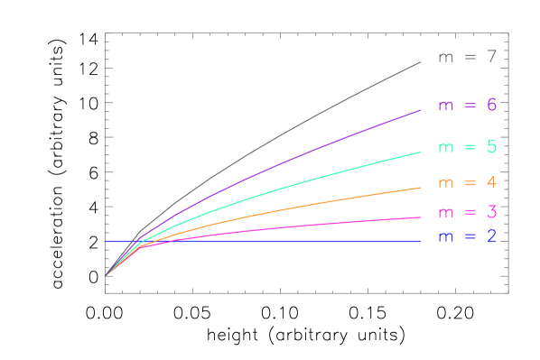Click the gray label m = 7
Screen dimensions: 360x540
tap(467, 58)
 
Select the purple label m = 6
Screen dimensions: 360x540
tap(467, 106)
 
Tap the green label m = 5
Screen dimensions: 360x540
tap(467, 147)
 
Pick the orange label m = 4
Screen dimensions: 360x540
tap(467, 182)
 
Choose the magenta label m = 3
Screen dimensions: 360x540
tap(467, 213)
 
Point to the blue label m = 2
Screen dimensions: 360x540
tap(467, 237)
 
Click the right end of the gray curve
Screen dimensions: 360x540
tap(421, 62)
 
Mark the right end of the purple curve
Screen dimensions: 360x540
tap(421, 110)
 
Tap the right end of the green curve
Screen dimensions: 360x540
tap(421, 152)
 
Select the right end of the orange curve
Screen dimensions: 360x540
tap(421, 188)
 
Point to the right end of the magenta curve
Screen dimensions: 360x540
tap(421, 217)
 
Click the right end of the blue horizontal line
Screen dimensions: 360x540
tap(420, 241)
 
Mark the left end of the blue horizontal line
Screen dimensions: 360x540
tap(106, 241)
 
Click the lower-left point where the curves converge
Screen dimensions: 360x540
tap(106, 276)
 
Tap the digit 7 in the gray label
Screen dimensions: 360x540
tap(491, 58)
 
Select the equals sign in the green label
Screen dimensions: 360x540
tap(469, 147)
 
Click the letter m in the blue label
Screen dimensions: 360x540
tap(445, 238)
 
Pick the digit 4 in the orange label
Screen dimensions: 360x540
tap(491, 182)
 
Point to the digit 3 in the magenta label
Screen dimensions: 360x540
tap(491, 213)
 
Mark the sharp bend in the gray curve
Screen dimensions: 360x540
tap(140, 231)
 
